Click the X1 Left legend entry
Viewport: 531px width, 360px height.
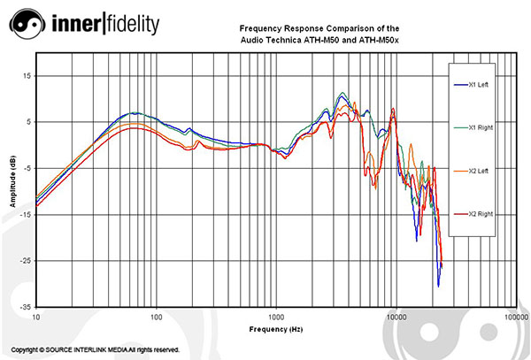pyautogui.click(x=478, y=85)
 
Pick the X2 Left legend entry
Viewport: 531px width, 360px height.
pyautogui.click(x=478, y=171)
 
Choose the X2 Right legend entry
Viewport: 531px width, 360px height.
pyautogui.click(x=478, y=214)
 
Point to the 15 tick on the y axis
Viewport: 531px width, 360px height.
pyautogui.click(x=27, y=76)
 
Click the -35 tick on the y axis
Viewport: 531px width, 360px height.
pyautogui.click(x=26, y=307)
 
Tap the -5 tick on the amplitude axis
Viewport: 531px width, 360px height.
pyautogui.click(x=27, y=168)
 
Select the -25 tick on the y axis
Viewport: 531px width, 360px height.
pyautogui.click(x=26, y=261)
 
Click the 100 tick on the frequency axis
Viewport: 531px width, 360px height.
pyautogui.click(x=156, y=316)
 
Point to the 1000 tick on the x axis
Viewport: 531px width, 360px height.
pyautogui.click(x=275, y=316)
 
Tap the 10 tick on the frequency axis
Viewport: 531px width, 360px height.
pyautogui.click(x=36, y=316)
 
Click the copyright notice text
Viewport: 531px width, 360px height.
pyautogui.click(x=96, y=350)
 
